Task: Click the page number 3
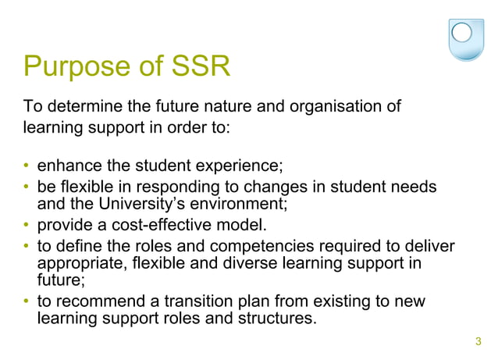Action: (478, 340)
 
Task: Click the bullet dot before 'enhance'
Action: (27, 166)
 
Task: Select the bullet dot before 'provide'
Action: (27, 227)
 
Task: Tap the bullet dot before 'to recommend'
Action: (27, 302)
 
